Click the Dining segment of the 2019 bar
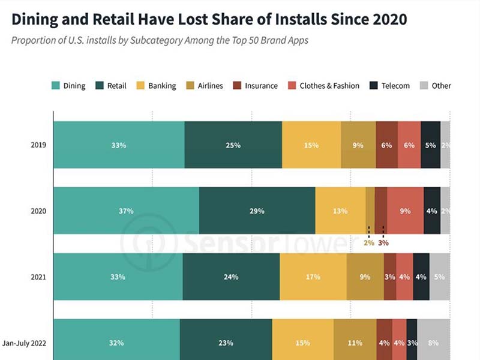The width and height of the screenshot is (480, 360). [x=119, y=145]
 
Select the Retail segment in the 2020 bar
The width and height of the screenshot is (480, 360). [x=257, y=211]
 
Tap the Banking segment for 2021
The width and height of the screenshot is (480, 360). [x=313, y=277]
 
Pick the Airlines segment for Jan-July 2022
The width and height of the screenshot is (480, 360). [x=355, y=343]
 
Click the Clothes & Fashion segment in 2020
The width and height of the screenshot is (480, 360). [x=405, y=211]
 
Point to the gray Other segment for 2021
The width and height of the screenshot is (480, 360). [x=439, y=277]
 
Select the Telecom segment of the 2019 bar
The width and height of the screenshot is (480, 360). [x=430, y=145]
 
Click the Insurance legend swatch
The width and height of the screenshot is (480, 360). [x=237, y=86]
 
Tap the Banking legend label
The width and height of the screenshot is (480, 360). [x=162, y=86]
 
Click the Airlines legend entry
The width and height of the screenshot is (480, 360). [x=210, y=86]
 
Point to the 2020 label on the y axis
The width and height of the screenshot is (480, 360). [x=38, y=211]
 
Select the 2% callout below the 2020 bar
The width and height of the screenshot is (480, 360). [x=368, y=243]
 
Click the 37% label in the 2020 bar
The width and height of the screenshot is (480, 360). [x=126, y=211]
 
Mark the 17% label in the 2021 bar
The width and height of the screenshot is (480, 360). [x=313, y=277]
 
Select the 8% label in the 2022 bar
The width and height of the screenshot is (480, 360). [x=433, y=343]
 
